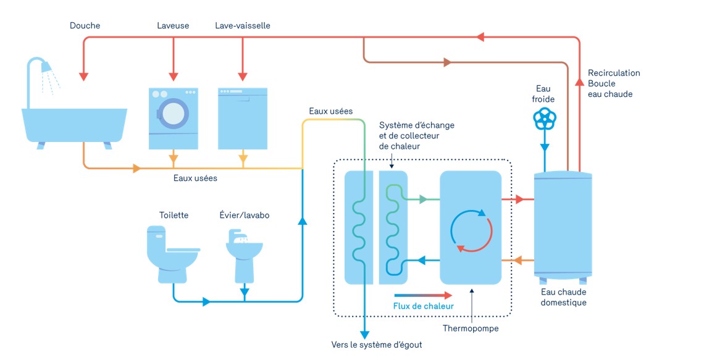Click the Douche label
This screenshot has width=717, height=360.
[x=85, y=25]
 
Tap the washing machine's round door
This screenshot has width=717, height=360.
[x=174, y=114]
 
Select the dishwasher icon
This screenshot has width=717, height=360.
[x=243, y=119]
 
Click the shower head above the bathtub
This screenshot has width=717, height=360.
[x=46, y=67]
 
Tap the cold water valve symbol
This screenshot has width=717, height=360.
[x=545, y=119]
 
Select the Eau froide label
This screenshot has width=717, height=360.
[x=543, y=94]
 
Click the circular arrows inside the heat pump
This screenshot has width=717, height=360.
[x=471, y=230]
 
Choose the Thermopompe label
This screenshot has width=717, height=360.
[x=471, y=329]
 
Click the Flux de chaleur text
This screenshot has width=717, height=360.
[x=424, y=306]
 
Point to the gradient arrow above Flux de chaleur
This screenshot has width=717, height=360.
[x=423, y=296]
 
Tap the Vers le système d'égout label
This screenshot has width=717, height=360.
[x=377, y=345]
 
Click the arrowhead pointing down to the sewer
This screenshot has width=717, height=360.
[x=364, y=334]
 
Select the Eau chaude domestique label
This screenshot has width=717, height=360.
[x=563, y=298]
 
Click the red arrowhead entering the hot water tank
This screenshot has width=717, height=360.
[x=520, y=199]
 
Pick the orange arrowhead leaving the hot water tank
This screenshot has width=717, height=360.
[x=518, y=261]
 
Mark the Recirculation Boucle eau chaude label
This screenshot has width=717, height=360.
[x=614, y=83]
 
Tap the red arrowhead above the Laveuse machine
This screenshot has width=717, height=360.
[x=174, y=77]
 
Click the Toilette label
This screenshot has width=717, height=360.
[x=174, y=215]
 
